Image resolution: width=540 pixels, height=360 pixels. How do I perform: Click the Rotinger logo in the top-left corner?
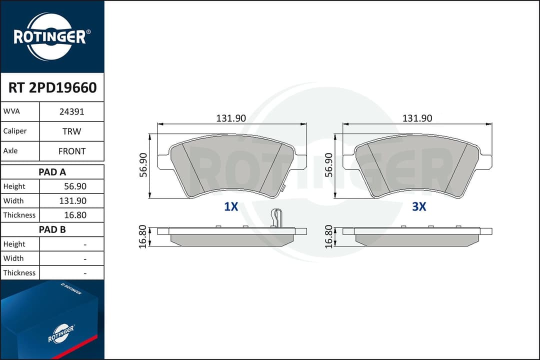coord(51,37)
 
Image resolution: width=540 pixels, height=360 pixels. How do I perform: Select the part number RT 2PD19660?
coord(52,88)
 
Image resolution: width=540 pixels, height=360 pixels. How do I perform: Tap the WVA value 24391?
coord(71,111)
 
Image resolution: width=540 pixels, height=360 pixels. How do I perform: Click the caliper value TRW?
coord(71,131)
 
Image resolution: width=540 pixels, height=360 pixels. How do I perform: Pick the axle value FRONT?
coord(71,151)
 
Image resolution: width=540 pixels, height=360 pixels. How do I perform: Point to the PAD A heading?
coord(52,172)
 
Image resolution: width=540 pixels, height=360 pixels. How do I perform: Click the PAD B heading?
coord(52,229)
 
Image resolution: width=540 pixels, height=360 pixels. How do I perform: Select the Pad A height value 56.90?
coord(75,186)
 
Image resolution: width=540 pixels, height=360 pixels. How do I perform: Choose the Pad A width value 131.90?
coord(72,201)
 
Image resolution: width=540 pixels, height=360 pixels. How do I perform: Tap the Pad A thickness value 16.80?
coord(75,215)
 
